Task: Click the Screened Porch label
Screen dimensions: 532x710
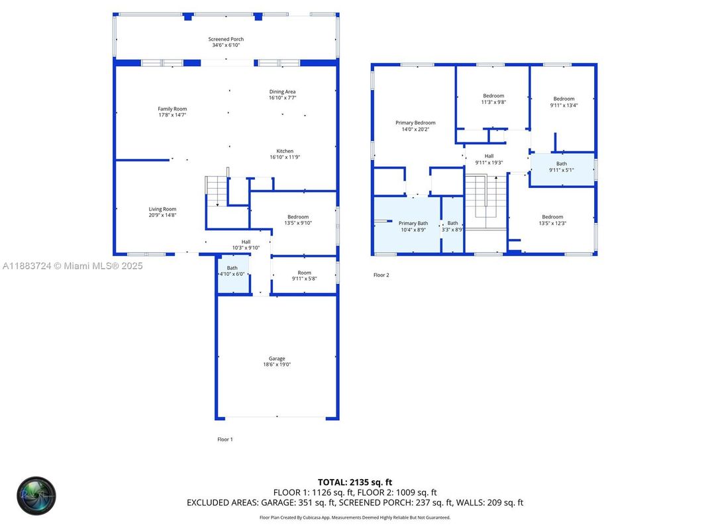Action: [x=226, y=42]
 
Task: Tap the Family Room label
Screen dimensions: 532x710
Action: [x=172, y=112]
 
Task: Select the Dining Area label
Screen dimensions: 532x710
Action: [x=282, y=95]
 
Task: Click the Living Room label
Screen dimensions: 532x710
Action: [x=162, y=212]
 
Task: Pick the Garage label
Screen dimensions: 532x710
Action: [x=277, y=361]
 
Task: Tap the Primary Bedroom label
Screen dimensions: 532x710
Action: [x=415, y=126]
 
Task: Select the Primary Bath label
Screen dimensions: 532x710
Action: [x=413, y=226]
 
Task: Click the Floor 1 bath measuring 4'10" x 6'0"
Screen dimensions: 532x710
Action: [x=232, y=271]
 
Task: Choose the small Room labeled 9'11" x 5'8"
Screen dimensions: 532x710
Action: [x=304, y=275]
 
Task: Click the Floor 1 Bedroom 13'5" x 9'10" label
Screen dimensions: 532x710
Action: [x=299, y=220]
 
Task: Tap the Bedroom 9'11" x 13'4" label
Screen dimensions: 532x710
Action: [x=564, y=102]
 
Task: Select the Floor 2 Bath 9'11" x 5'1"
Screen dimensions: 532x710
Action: [x=561, y=167]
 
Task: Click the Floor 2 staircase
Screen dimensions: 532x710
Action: [x=485, y=202]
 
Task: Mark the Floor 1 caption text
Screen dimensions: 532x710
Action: [x=225, y=439]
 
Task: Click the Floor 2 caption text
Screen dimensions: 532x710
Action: [x=381, y=275]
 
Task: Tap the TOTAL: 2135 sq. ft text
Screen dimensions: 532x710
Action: [x=355, y=482]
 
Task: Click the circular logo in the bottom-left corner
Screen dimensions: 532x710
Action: [x=37, y=496]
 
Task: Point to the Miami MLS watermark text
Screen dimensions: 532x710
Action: [x=73, y=266]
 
